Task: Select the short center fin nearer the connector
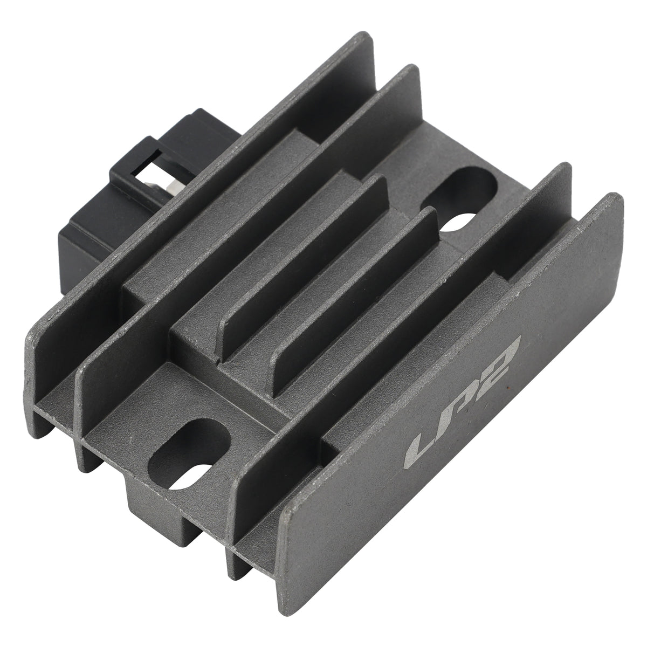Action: click(302, 269)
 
